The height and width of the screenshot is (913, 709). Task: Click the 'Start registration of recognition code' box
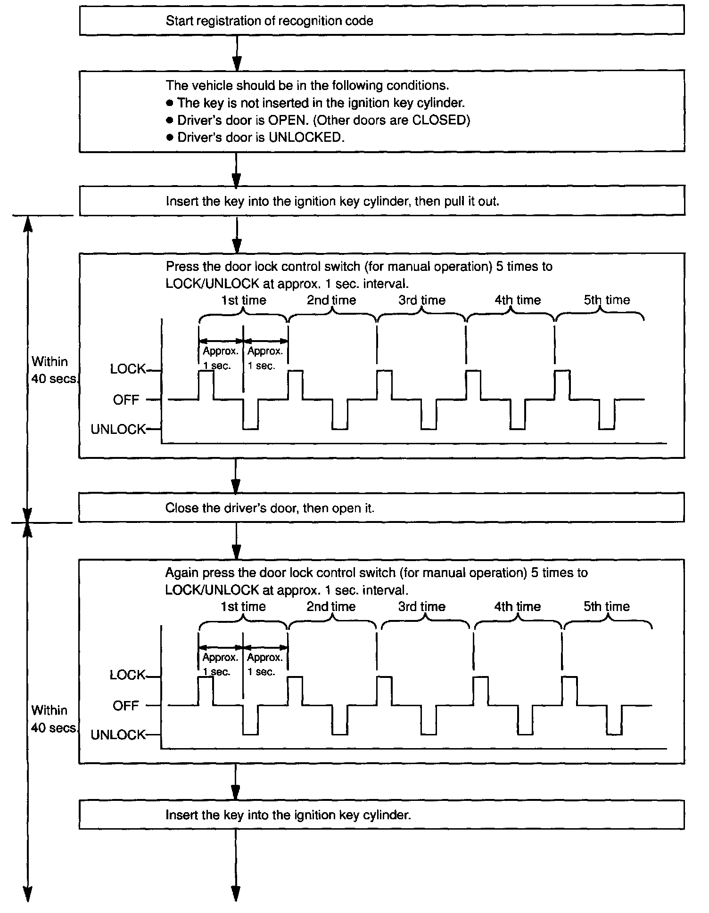(382, 21)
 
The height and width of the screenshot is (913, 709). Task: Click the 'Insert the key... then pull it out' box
(382, 201)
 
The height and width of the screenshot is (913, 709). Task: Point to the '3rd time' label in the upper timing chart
(422, 300)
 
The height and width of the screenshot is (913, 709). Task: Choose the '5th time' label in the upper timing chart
(607, 300)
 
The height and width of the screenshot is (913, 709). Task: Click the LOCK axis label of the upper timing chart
(128, 369)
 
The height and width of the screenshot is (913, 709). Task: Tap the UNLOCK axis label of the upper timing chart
(118, 429)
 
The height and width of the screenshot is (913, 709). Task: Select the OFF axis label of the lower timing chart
(126, 706)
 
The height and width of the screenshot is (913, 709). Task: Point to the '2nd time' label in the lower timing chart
(331, 606)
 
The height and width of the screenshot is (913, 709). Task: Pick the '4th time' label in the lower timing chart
(517, 606)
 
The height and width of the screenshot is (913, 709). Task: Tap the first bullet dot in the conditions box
(170, 103)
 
